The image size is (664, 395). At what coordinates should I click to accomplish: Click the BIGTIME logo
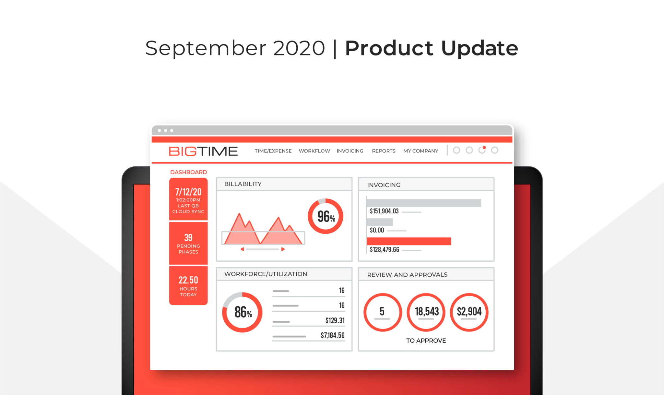tap(203, 151)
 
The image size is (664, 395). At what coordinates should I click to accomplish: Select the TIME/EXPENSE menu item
tap(273, 151)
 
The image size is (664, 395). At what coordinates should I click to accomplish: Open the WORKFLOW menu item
tap(314, 151)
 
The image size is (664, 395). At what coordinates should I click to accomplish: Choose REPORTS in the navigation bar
tap(384, 151)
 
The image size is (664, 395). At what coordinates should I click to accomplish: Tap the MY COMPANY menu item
tap(421, 151)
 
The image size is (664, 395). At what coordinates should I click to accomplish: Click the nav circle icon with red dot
tap(482, 150)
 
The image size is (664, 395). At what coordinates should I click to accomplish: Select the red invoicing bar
tap(409, 241)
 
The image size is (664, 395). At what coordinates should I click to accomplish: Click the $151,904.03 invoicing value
tap(384, 211)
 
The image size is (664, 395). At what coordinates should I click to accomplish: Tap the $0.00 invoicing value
tap(377, 230)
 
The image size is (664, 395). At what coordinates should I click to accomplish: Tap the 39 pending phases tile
tap(188, 243)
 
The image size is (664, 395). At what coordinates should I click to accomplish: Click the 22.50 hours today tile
tap(188, 286)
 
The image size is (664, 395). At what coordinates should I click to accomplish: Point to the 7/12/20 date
tap(188, 192)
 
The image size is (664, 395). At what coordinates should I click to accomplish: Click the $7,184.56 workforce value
tap(333, 335)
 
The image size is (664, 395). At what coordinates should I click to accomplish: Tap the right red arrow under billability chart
tap(283, 249)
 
